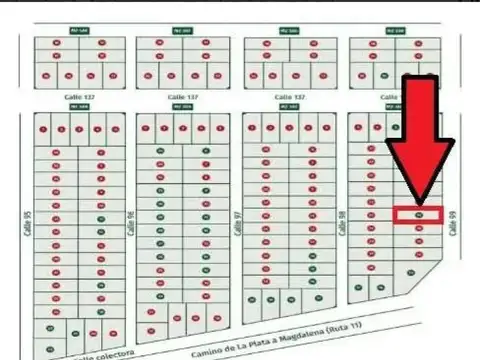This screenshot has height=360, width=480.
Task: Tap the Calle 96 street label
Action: point(131,221)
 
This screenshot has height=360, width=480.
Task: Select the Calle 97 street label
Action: point(237,221)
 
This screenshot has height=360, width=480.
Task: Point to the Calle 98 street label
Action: point(342,221)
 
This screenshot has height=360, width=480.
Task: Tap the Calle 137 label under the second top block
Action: point(181,97)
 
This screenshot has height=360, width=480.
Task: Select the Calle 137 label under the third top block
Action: point(290,97)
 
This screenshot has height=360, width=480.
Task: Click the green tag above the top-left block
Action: point(79,31)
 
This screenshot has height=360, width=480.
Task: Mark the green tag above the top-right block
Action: point(397,31)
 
